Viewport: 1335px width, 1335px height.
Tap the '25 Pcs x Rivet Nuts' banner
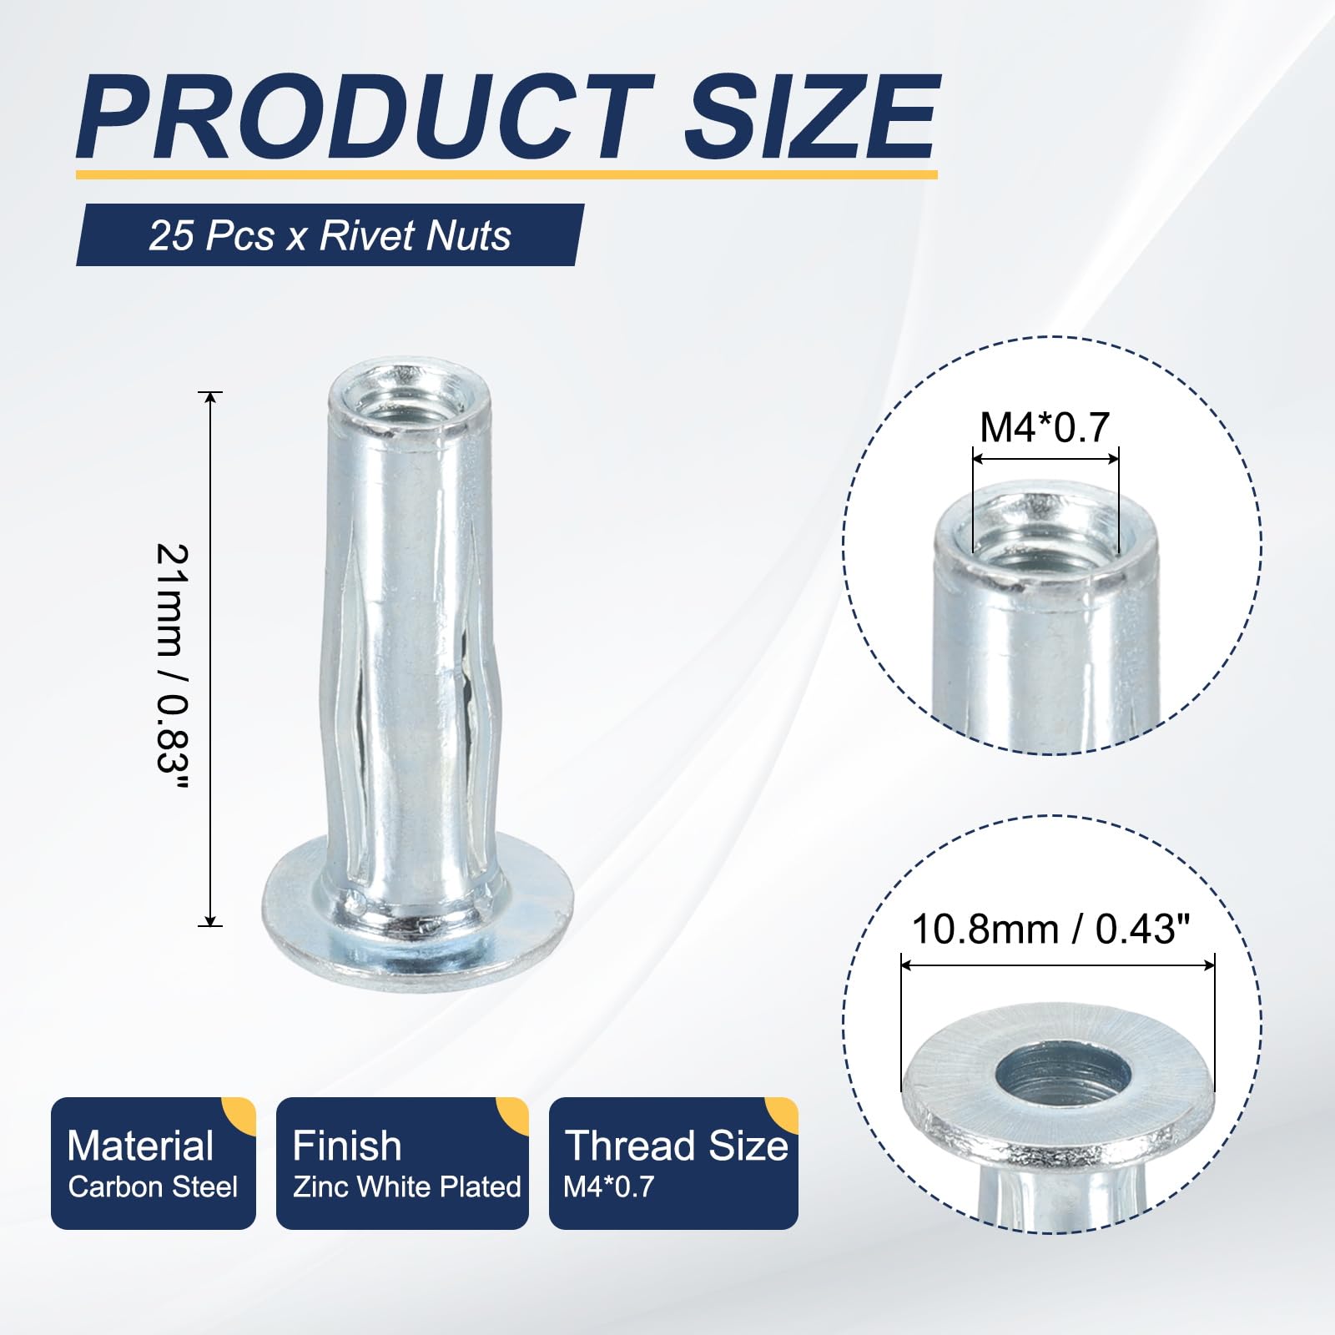330,235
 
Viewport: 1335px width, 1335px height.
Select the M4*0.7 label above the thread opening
1044,427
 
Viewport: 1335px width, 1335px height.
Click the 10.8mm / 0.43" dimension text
1050,929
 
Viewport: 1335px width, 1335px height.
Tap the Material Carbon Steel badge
154,1163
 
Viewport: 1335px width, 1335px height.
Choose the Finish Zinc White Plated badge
402,1163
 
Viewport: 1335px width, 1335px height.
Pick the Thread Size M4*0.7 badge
673,1163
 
